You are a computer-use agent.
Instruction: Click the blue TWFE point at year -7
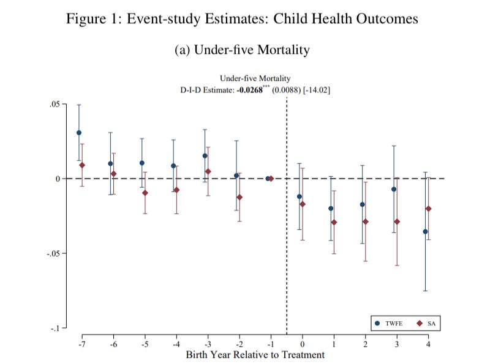[79, 133]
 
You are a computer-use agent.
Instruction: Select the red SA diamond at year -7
[82, 165]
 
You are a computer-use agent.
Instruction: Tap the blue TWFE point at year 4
[425, 232]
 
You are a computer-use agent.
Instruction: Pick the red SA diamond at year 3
[397, 221]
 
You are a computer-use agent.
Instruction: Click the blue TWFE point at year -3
[205, 156]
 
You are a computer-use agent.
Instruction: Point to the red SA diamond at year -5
[145, 193]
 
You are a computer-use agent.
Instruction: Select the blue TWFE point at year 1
[331, 209]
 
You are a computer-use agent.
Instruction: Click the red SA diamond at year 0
[303, 204]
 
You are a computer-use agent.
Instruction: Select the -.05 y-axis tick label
[53, 253]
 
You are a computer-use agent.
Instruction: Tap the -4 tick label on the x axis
[175, 346]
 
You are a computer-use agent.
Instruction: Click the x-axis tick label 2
[366, 346]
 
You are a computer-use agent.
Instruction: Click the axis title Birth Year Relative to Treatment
[255, 355]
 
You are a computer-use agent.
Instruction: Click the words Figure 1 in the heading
[92, 19]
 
